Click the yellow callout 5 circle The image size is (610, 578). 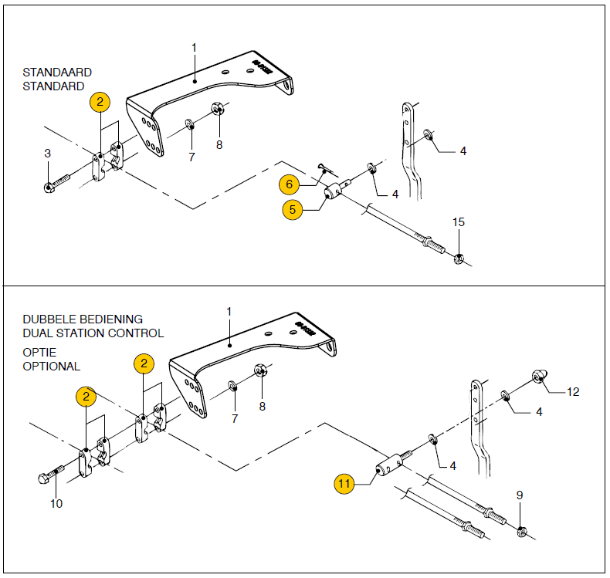pyautogui.click(x=293, y=209)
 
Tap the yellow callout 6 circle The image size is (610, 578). pyautogui.click(x=290, y=184)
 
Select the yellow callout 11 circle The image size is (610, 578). pyautogui.click(x=345, y=484)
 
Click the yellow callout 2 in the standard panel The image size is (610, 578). pyautogui.click(x=100, y=102)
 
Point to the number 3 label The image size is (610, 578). pyautogui.click(x=47, y=154)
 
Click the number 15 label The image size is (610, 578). pyautogui.click(x=458, y=222)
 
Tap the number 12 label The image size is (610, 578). pyautogui.click(x=573, y=392)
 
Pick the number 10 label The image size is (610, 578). pyautogui.click(x=56, y=504)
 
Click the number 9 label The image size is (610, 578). pyautogui.click(x=520, y=495)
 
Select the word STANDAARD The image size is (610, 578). pyautogui.click(x=57, y=73)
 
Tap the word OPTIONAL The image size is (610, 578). pyautogui.click(x=51, y=367)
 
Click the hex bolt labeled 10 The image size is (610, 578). pyautogui.click(x=46, y=477)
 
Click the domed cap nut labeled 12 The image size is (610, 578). pyautogui.click(x=538, y=377)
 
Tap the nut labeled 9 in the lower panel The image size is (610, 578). pyautogui.click(x=522, y=530)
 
